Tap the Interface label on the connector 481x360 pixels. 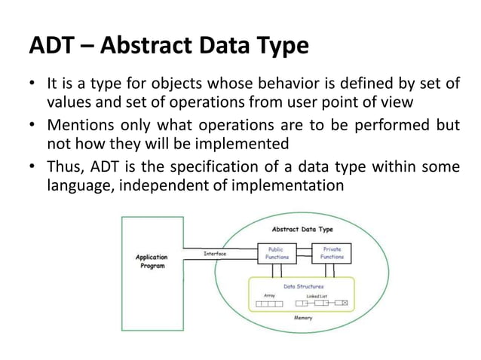tap(216, 254)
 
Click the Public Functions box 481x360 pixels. tap(273, 253)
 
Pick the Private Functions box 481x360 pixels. tap(332, 253)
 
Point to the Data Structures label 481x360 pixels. tap(303, 287)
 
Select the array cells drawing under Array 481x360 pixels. tap(270, 304)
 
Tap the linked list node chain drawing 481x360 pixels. tap(322, 304)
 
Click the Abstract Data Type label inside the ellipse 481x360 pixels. tap(302, 228)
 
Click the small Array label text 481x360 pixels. tap(270, 295)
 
